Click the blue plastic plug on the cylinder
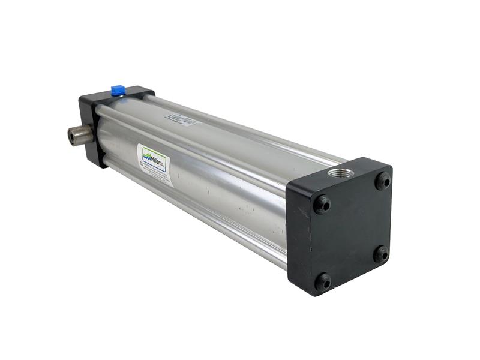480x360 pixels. pyautogui.click(x=118, y=91)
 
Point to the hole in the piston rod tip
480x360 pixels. pyautogui.click(x=72, y=136)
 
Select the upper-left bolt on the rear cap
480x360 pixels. pyautogui.click(x=323, y=204)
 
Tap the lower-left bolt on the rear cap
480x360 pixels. pyautogui.click(x=323, y=280)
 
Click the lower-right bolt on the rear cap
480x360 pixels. pyautogui.click(x=381, y=254)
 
